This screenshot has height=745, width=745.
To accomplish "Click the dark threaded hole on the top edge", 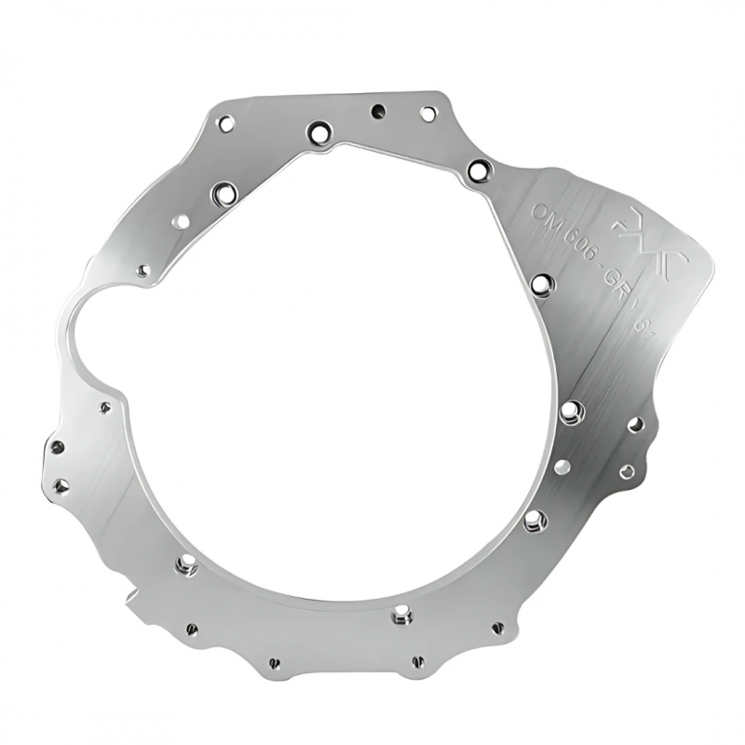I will point(378,111).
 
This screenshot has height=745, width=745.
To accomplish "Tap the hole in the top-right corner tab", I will point(427,114).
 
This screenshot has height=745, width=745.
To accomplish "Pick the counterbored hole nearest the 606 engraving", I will point(542,282).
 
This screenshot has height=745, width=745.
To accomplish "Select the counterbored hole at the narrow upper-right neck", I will point(479,170).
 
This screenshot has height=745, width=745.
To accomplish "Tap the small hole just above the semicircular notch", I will point(142,271).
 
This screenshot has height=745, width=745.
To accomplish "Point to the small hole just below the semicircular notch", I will point(105,407).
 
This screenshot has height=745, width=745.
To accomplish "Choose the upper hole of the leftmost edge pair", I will point(57,448).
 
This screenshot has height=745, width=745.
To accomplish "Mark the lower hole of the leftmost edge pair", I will point(61,485).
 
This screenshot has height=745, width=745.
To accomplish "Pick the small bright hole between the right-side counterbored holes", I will point(561,467).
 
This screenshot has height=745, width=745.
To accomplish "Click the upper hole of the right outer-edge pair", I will point(635,425).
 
